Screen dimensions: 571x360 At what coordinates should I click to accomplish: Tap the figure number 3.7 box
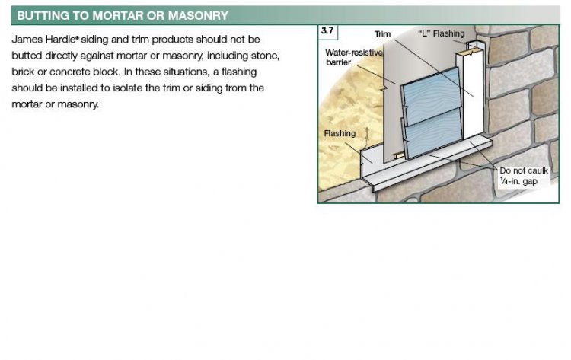327,30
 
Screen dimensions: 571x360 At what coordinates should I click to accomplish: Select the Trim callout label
382,34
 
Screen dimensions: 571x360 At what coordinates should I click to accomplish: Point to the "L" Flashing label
442,33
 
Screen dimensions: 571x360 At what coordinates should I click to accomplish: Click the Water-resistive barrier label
354,58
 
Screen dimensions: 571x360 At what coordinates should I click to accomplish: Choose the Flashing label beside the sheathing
340,134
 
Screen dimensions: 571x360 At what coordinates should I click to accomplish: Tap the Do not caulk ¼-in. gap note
524,176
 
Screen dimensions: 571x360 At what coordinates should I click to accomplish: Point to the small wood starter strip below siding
399,156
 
